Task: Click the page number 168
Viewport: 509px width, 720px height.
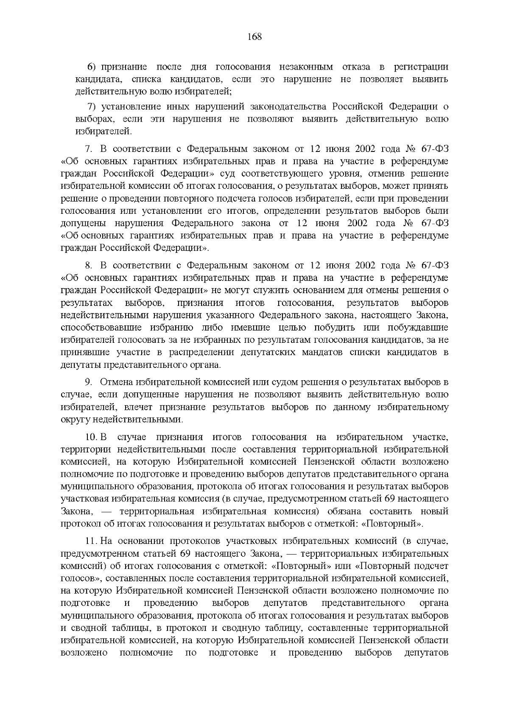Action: point(255,36)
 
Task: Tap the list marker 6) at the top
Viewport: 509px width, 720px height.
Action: point(92,67)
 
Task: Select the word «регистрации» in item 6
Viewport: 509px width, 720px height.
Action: point(421,67)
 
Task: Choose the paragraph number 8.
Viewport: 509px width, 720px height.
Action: point(89,266)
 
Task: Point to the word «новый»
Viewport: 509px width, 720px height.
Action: point(434,512)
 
